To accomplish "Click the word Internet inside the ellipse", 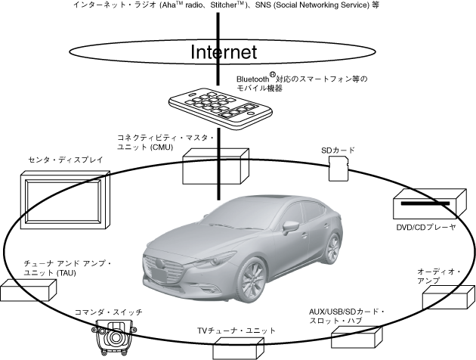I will point(224,51).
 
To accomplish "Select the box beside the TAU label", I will point(29,293).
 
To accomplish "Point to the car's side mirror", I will point(289,226).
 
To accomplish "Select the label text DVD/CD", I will point(413,227).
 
